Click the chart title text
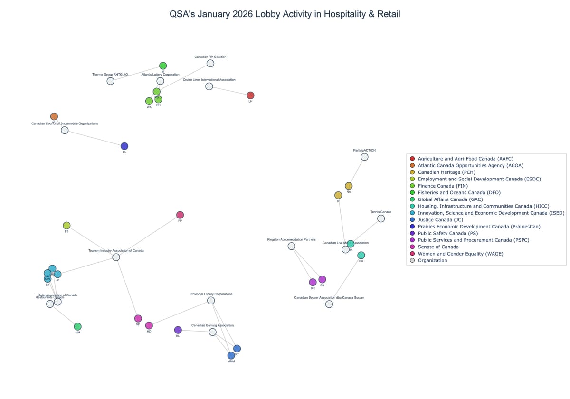(x=285, y=14)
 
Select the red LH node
(x=250, y=95)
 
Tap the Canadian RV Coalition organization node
(x=210, y=63)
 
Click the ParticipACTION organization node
(x=364, y=157)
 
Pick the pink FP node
(x=180, y=215)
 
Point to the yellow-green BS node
(x=66, y=226)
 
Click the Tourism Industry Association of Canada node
(x=116, y=257)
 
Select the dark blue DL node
(x=124, y=146)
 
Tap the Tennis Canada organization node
(x=381, y=218)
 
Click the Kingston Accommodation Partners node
(x=292, y=246)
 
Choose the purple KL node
(x=178, y=330)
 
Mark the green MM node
(x=77, y=326)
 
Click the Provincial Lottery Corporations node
(x=211, y=301)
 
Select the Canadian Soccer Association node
(x=329, y=304)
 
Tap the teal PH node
(x=361, y=256)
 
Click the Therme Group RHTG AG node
(x=110, y=81)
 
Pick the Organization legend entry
(x=432, y=260)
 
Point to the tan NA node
(x=349, y=186)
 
